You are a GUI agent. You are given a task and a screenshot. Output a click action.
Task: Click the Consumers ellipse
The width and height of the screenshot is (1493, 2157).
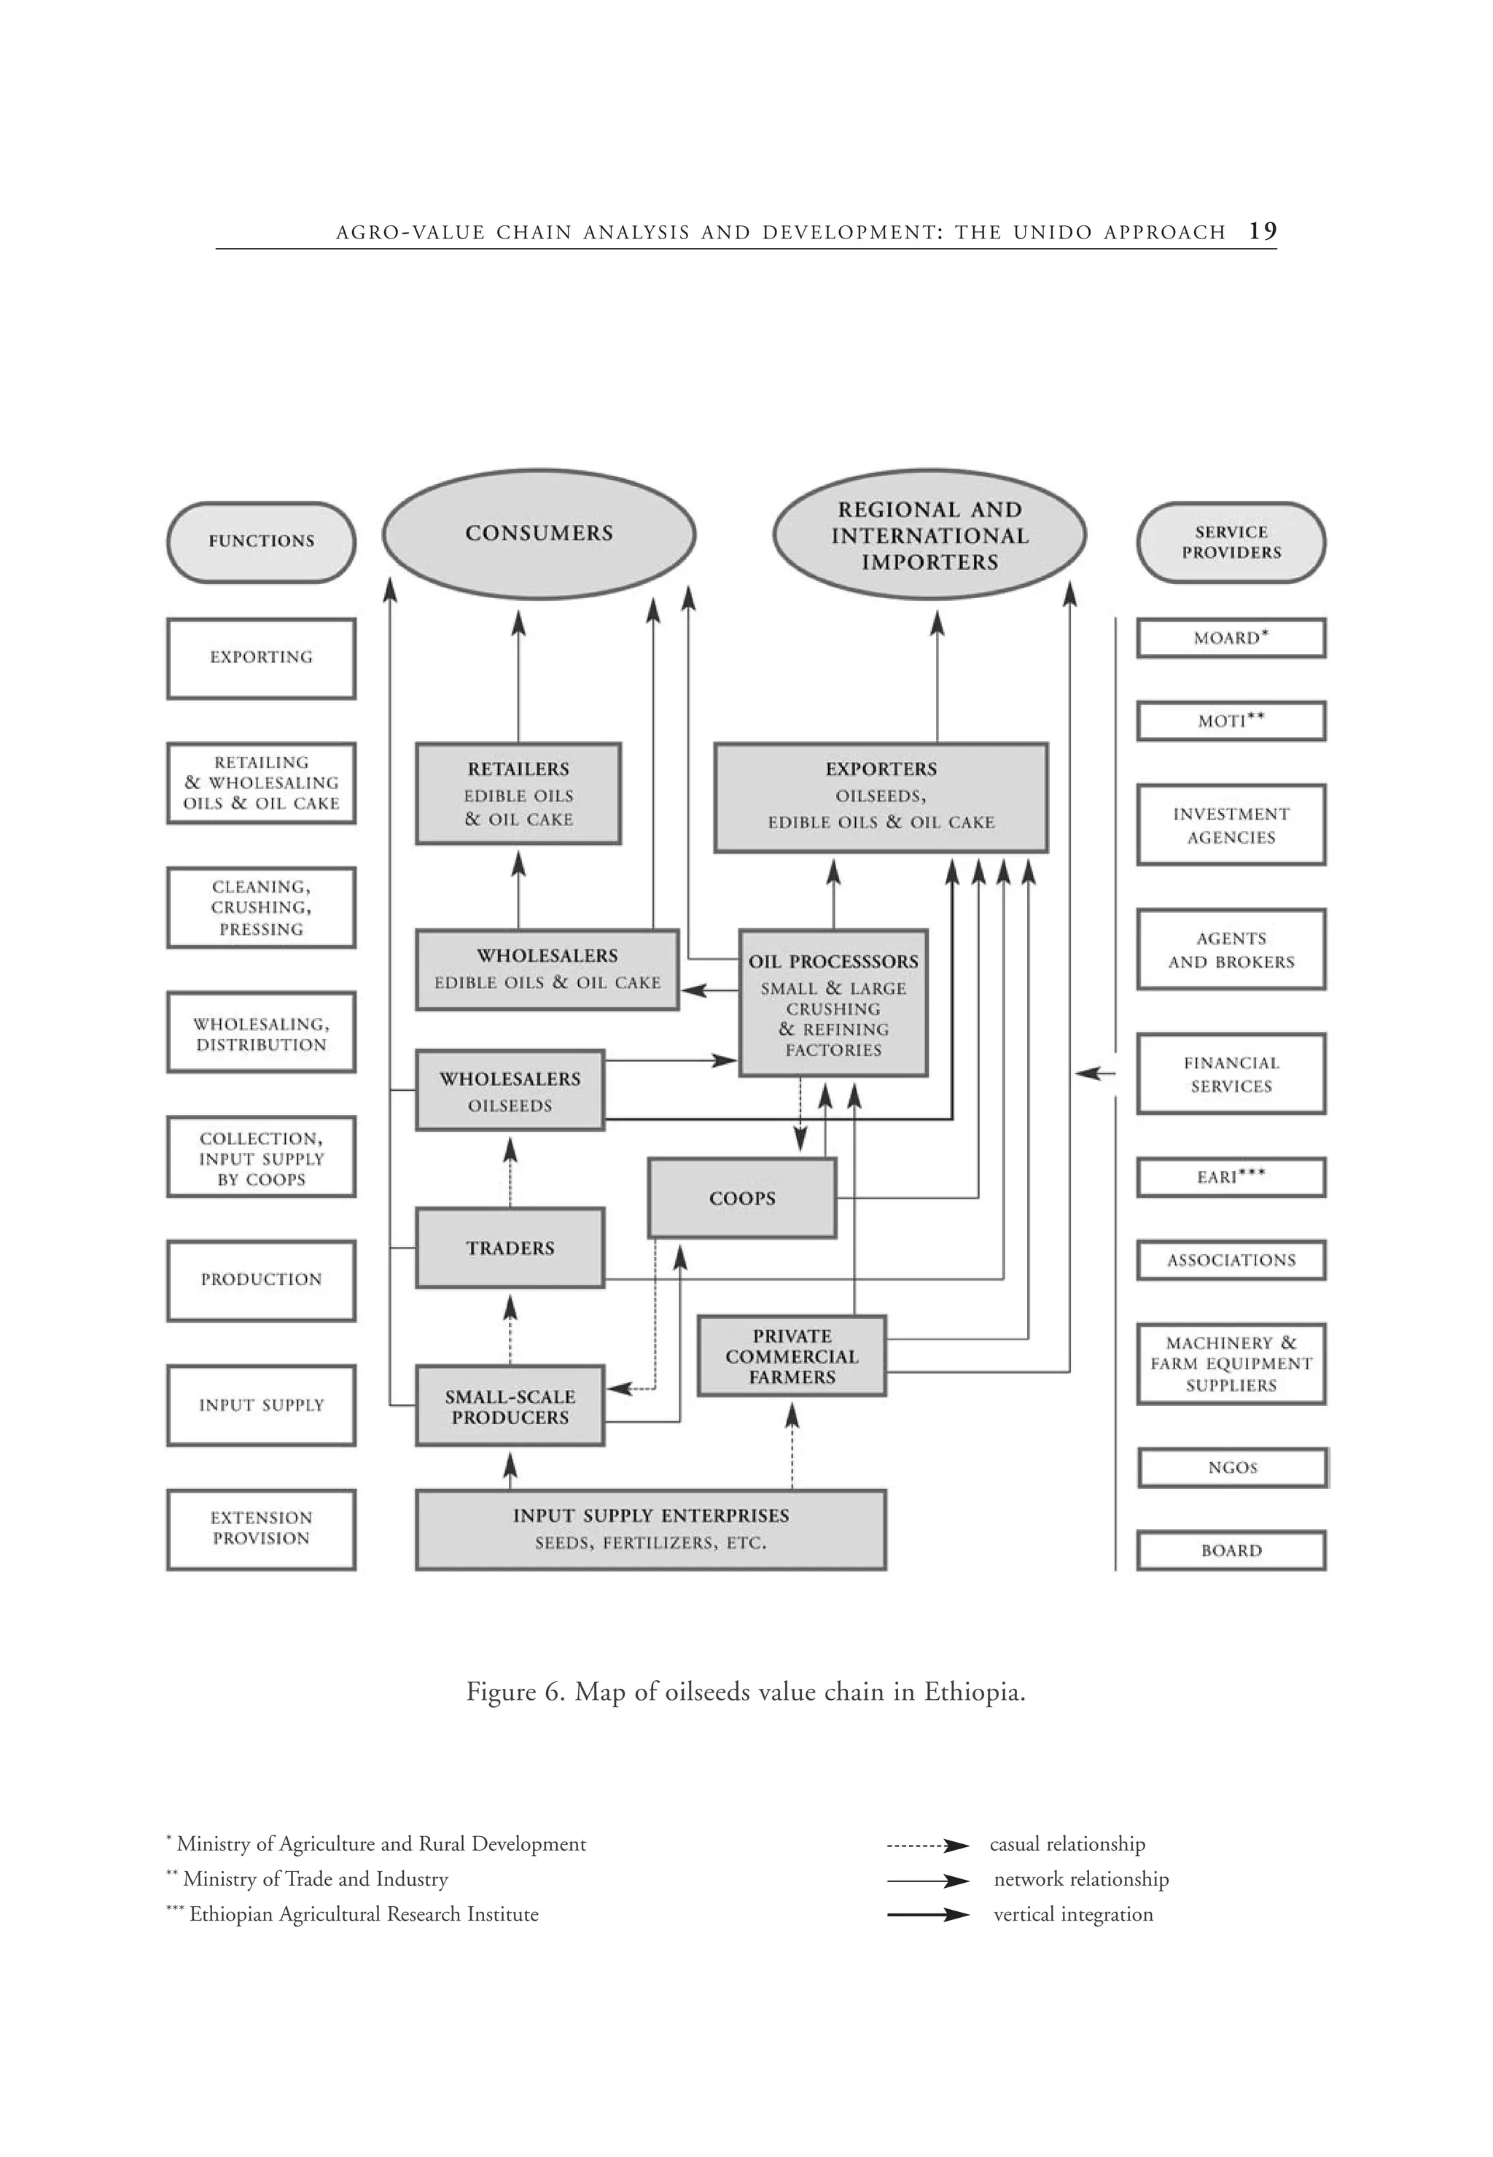pos(539,533)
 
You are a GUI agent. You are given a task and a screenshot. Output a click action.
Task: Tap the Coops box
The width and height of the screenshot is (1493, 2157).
pos(742,1198)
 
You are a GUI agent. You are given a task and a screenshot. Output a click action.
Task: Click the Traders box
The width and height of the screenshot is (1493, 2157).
pos(510,1248)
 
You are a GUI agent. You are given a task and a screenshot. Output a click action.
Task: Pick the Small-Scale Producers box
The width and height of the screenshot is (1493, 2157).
pos(510,1407)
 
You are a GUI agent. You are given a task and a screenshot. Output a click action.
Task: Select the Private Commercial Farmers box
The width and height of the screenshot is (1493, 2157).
pos(792,1356)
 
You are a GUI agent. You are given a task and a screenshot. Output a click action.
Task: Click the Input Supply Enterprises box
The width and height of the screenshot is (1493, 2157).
pos(650,1529)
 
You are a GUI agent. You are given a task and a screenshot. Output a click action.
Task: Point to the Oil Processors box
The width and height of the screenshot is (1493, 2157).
pos(833,1003)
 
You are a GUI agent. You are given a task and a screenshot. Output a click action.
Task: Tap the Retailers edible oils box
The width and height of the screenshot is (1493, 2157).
pos(518,793)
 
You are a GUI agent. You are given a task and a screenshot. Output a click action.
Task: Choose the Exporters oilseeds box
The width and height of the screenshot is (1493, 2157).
pos(880,796)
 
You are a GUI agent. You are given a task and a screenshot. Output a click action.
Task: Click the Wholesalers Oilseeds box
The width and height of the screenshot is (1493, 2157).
pos(510,1090)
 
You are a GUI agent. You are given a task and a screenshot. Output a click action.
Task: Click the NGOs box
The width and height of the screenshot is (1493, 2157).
pos(1232,1467)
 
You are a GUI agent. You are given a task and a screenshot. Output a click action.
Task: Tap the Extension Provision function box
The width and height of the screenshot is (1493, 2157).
pos(261,1529)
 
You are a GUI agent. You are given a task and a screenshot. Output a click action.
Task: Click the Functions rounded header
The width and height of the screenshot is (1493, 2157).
pos(261,542)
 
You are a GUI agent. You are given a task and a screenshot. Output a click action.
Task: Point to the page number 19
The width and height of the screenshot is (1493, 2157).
pos(1262,231)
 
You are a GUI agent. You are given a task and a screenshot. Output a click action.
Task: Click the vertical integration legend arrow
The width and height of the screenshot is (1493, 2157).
pos(927,1915)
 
